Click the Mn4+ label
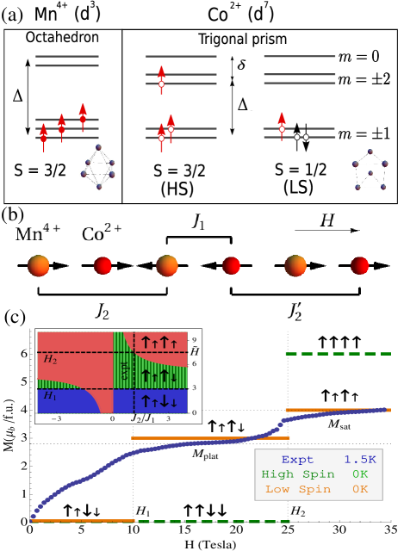point(40,233)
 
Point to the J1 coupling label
point(200,221)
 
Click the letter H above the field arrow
point(326,220)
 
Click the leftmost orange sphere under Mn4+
point(40,266)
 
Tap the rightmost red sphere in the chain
point(359,266)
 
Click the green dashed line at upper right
point(338,353)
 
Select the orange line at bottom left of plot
point(83,521)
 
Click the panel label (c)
point(15,316)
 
